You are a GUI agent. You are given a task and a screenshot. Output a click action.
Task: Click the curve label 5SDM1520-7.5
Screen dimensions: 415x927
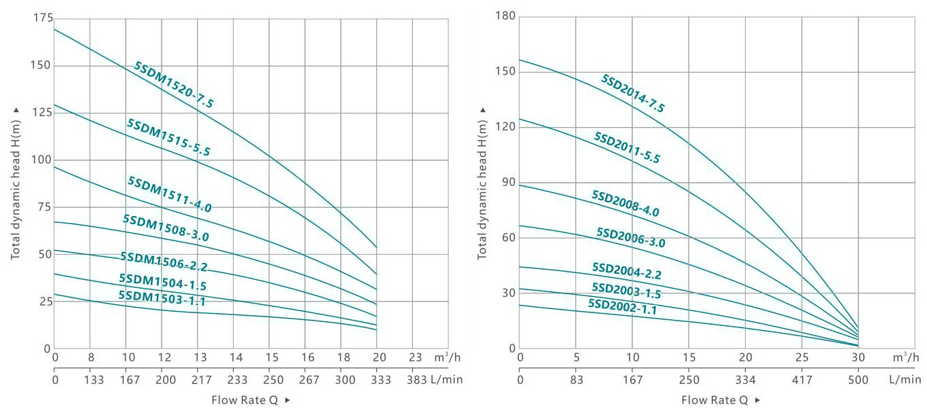(174, 85)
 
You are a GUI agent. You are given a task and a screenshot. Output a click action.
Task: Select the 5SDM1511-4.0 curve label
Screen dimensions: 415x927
(170, 195)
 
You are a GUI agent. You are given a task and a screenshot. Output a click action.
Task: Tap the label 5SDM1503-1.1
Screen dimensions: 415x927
(162, 299)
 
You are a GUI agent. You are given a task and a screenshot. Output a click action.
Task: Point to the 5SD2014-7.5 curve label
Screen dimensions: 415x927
(632, 93)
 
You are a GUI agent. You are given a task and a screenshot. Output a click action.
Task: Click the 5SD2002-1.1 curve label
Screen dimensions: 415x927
(622, 306)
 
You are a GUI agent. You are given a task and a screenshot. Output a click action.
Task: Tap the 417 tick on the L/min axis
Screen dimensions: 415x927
(802, 380)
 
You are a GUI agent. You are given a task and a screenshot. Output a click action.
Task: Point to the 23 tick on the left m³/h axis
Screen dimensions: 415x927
(416, 357)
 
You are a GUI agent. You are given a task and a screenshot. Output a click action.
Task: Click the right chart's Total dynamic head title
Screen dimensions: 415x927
(483, 183)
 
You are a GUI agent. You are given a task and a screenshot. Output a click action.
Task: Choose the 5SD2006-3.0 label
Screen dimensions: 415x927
(631, 238)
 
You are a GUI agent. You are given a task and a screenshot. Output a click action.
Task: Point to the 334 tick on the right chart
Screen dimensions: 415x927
(746, 380)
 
